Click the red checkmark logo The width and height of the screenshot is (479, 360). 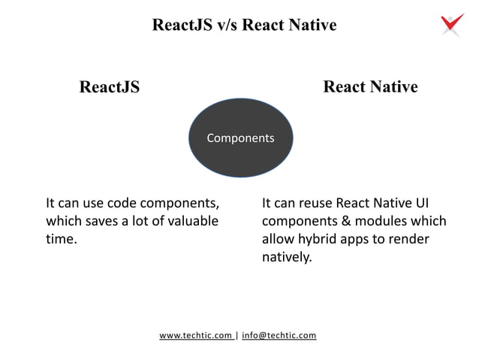coord(452,24)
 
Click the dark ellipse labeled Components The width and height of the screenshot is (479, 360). coord(240,138)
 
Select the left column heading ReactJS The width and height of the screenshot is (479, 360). coord(110,87)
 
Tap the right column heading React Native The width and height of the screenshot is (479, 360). coord(370,87)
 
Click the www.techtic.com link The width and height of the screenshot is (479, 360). coord(196,335)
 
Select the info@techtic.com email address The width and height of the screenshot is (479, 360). coord(279,335)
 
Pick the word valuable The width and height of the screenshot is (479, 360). coord(193,221)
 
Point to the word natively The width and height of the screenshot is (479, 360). coord(286,258)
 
